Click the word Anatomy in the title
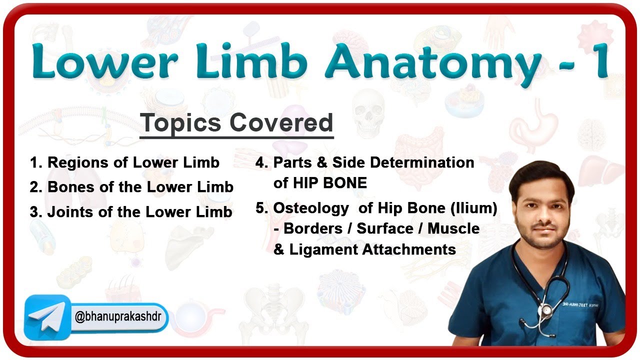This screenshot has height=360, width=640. coord(433,61)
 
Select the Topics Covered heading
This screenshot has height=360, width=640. coord(236,123)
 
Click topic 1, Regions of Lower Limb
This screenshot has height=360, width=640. coord(124,162)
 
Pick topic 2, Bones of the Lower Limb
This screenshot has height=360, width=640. coord(131,187)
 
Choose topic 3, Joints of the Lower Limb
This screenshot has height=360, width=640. coord(131,211)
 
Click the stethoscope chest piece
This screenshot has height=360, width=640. coord(547,310)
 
